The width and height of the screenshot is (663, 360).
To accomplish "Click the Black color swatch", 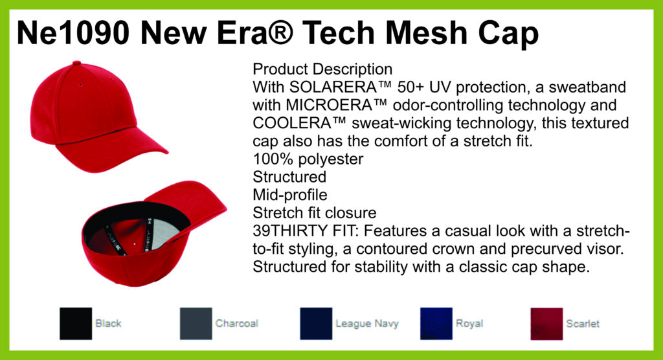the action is (76, 324).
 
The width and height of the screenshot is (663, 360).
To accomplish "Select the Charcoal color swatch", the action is (196, 324).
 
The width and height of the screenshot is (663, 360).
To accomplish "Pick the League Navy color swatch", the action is (316, 324).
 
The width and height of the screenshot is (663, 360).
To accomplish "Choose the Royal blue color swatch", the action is (436, 324).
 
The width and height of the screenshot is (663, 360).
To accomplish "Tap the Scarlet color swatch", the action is (546, 324).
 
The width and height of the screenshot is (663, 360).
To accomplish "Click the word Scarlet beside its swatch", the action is (583, 324).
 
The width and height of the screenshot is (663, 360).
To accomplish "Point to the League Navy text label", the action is (367, 324).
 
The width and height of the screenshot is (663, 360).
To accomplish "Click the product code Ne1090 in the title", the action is (73, 33).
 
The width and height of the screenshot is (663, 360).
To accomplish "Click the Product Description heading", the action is (322, 69).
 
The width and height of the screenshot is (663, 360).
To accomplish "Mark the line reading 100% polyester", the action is (308, 159).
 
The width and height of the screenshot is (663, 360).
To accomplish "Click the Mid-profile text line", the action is (290, 195).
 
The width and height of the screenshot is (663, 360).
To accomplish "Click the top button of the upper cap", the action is (76, 63).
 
